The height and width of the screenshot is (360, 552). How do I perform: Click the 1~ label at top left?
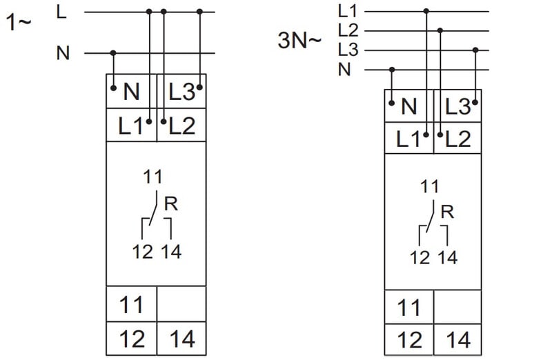point(19,22)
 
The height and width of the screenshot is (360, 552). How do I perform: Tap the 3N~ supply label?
point(299,41)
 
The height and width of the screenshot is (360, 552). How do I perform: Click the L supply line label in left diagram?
point(62,11)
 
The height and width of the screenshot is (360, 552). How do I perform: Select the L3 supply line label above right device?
point(348,50)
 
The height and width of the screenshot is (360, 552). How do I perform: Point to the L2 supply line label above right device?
point(348,30)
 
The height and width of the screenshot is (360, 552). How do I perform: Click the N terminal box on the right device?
point(409,106)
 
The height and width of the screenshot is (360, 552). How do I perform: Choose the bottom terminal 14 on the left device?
point(182,339)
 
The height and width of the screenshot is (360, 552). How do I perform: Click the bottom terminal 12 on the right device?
point(409,340)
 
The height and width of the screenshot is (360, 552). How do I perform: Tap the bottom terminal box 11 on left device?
point(132,304)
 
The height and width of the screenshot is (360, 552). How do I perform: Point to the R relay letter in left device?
point(172,204)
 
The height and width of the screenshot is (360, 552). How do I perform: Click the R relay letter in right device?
point(447,212)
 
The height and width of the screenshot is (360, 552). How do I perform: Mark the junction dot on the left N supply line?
point(113,52)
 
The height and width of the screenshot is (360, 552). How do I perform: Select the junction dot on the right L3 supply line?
point(475,50)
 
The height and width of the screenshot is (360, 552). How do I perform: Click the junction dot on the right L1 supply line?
point(426,11)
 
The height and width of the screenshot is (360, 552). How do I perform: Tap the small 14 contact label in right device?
point(447,258)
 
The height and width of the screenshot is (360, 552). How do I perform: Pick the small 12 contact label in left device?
point(143,251)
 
